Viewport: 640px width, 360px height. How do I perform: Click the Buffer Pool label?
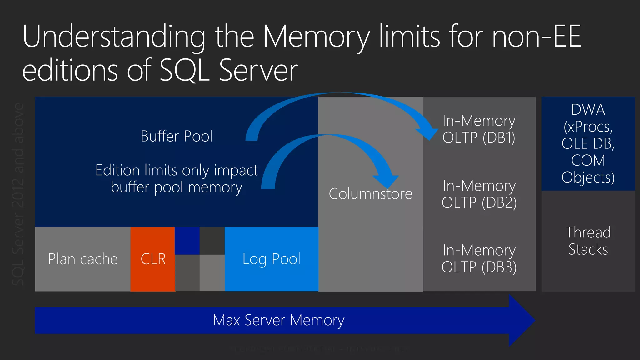pos(176,136)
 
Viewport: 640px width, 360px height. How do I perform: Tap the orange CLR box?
pos(152,259)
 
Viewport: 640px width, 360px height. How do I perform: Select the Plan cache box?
pos(82,259)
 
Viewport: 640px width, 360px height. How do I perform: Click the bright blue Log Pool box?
pos(271,259)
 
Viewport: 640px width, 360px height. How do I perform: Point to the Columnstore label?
pos(370,194)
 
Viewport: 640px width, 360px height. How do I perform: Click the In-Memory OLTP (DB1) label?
pos(479,129)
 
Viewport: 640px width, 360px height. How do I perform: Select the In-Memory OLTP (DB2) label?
pos(479,194)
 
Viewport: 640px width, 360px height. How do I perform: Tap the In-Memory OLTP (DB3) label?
pos(479,259)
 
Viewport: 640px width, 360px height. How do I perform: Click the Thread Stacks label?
pos(588,241)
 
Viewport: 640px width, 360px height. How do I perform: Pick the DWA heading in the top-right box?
pos(588,110)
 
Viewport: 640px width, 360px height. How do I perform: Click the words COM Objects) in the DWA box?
pos(588,169)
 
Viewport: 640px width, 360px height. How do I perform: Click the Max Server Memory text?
pos(278,320)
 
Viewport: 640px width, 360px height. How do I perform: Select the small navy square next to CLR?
pos(187,241)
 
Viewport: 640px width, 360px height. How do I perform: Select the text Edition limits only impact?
pos(177,170)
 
